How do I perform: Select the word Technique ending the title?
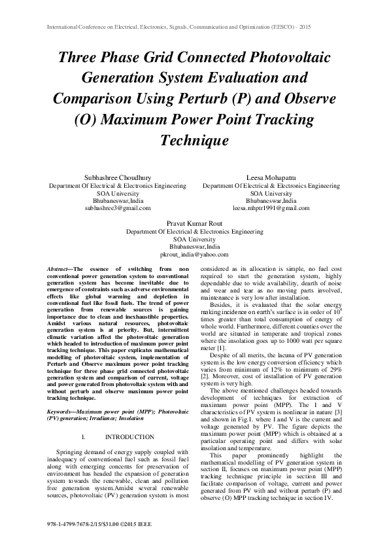click(x=194, y=140)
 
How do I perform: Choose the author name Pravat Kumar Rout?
click(x=194, y=223)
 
